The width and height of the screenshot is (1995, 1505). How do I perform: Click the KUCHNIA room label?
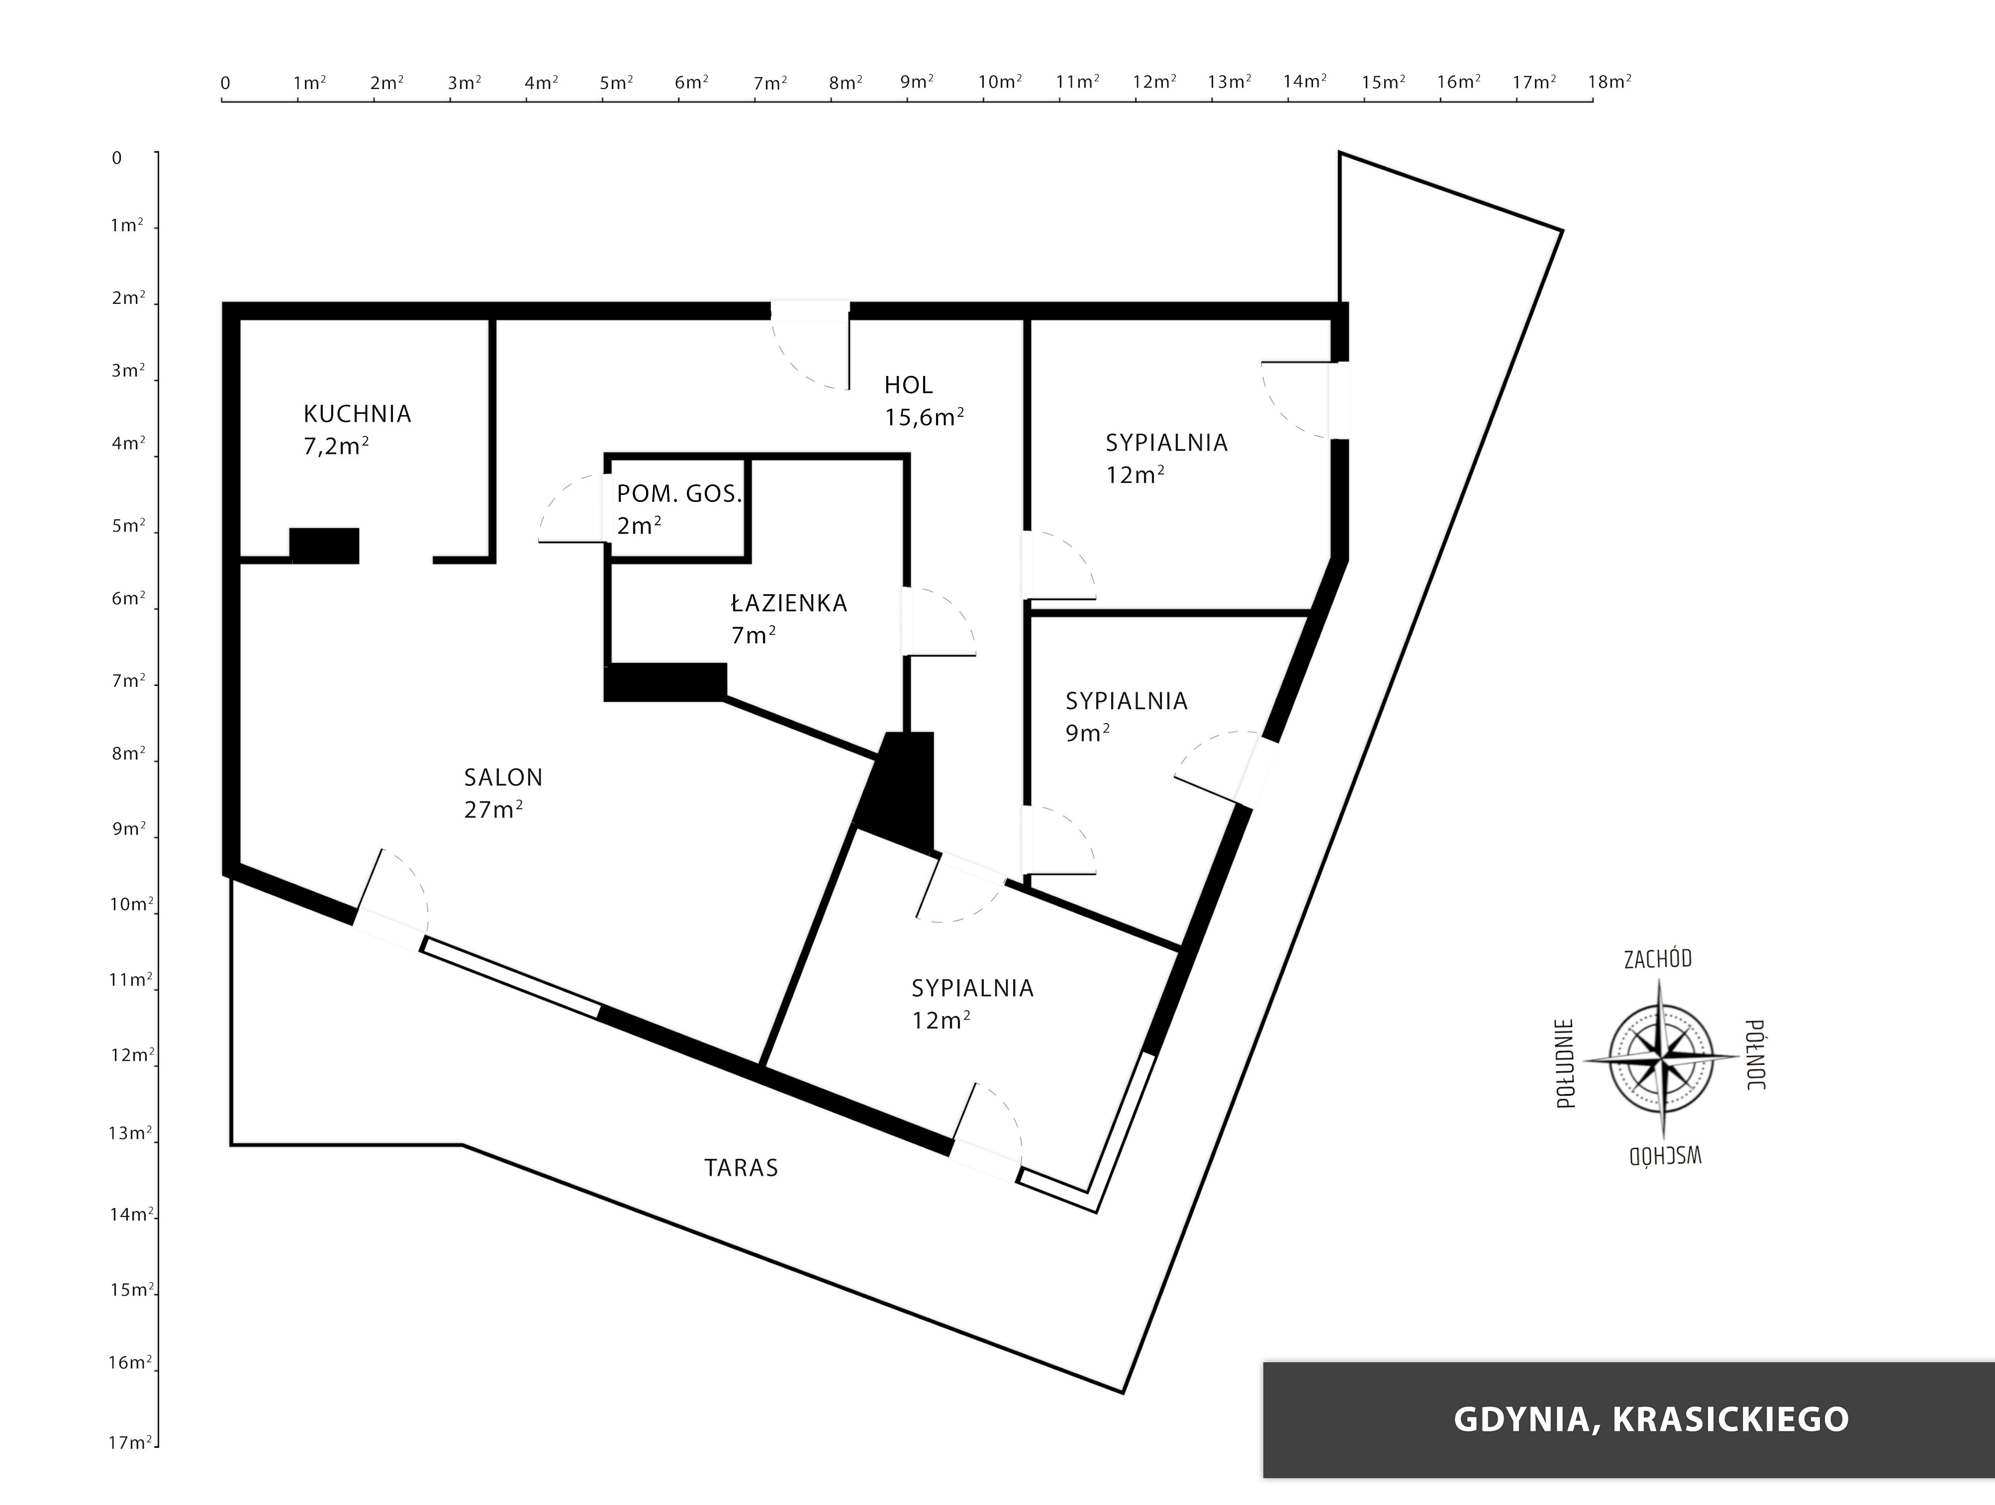pos(357,414)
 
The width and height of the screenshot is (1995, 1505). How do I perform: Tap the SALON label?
pos(503,777)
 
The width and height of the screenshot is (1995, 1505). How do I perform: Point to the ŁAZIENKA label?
pos(789,603)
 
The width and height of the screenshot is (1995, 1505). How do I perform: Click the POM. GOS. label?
pos(679,494)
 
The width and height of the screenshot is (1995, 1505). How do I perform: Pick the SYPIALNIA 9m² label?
pos(1127,717)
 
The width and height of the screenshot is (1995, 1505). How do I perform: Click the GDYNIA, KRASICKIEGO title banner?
pos(1629,1418)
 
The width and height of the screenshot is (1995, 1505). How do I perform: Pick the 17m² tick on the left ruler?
pos(157,1446)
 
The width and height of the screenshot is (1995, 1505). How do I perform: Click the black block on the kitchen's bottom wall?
pos(324,546)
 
